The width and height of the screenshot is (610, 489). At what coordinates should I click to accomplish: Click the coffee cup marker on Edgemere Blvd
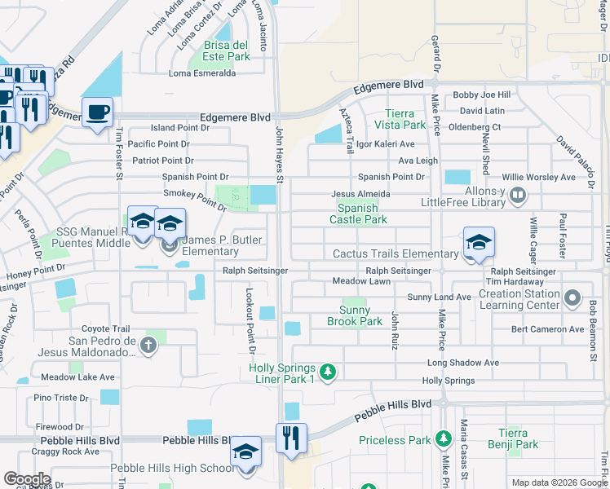(x=97, y=112)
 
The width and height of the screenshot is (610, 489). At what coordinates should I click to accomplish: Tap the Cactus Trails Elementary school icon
(x=479, y=242)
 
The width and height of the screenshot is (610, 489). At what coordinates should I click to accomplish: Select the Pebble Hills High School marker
(x=245, y=452)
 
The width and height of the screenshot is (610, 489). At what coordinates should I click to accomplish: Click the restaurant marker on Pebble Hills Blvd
(x=291, y=438)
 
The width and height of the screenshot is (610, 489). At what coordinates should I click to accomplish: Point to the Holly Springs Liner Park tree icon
(x=328, y=372)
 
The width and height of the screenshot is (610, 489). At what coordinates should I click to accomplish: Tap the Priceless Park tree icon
(x=444, y=440)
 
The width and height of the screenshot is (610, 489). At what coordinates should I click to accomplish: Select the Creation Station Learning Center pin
(x=572, y=298)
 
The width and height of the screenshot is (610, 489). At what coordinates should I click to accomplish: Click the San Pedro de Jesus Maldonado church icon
(x=148, y=346)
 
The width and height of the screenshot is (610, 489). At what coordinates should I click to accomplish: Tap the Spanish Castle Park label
(x=358, y=214)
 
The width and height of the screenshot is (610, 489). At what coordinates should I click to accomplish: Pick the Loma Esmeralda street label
(x=201, y=73)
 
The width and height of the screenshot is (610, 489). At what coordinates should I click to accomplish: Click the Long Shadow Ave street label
(x=463, y=363)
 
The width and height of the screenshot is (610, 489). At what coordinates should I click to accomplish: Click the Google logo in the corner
(x=27, y=479)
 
